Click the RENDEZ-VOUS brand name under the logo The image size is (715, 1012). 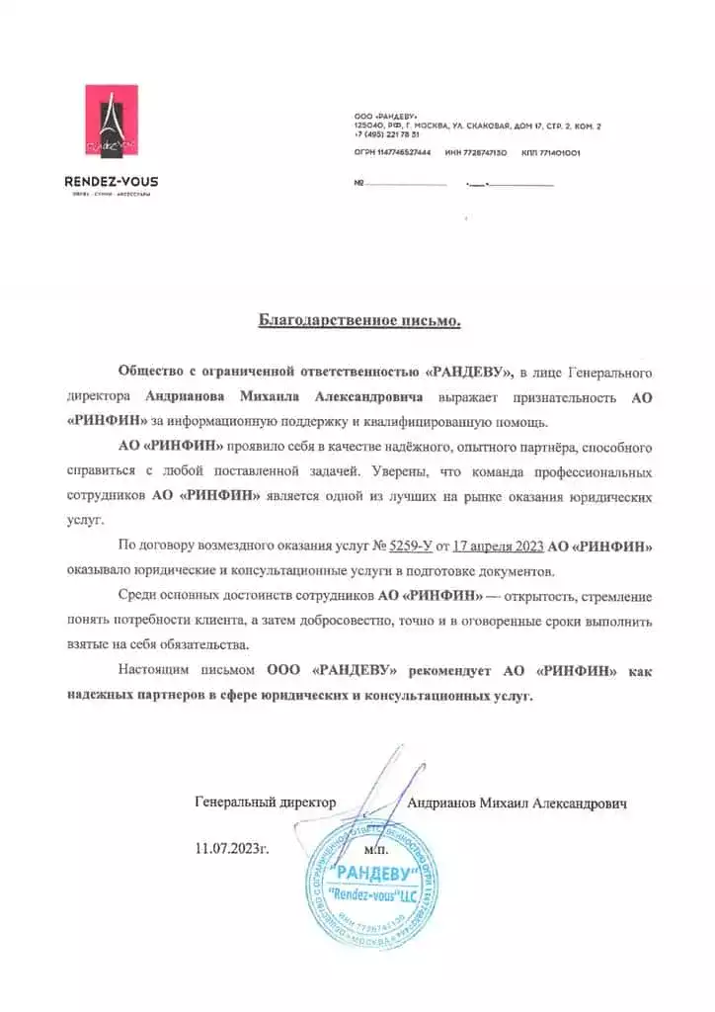(x=111, y=181)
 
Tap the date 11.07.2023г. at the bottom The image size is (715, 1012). (x=232, y=848)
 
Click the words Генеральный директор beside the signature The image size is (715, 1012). (x=266, y=803)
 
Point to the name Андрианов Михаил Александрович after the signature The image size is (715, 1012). (x=517, y=803)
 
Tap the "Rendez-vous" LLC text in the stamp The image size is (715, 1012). (x=368, y=895)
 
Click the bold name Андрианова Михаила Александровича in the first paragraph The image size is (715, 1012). (x=284, y=397)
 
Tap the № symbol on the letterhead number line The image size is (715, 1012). (x=358, y=184)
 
